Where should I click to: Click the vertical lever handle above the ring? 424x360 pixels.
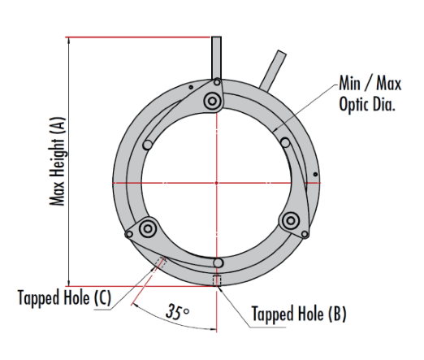tap(217, 57)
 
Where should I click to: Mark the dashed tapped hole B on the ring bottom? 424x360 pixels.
tap(216, 280)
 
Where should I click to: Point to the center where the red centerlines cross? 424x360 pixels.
tap(217, 183)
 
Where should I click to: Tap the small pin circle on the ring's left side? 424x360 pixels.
tap(148, 144)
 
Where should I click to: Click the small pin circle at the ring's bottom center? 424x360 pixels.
tap(218, 262)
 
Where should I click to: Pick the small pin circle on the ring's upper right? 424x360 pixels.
tap(285, 142)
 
